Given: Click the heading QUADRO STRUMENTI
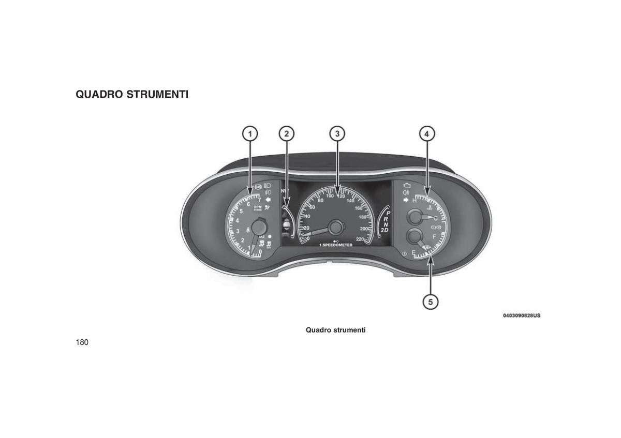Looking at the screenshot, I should click(132, 95).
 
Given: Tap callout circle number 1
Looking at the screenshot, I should click(250, 133).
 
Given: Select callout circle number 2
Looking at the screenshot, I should click(286, 133).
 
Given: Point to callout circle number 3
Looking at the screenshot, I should click(337, 133).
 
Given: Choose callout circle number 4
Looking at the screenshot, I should click(426, 133).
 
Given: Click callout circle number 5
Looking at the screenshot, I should click(430, 300).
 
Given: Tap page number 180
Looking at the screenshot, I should click(82, 342).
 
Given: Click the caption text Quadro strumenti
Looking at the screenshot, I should click(335, 329).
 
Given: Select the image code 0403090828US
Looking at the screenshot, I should click(521, 315).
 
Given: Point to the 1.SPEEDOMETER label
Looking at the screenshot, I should click(336, 245).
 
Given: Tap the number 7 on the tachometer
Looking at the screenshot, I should click(259, 200).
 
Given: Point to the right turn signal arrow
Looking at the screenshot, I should click(406, 200).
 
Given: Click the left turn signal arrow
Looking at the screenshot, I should click(268, 199).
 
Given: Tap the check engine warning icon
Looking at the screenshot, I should click(407, 185).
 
